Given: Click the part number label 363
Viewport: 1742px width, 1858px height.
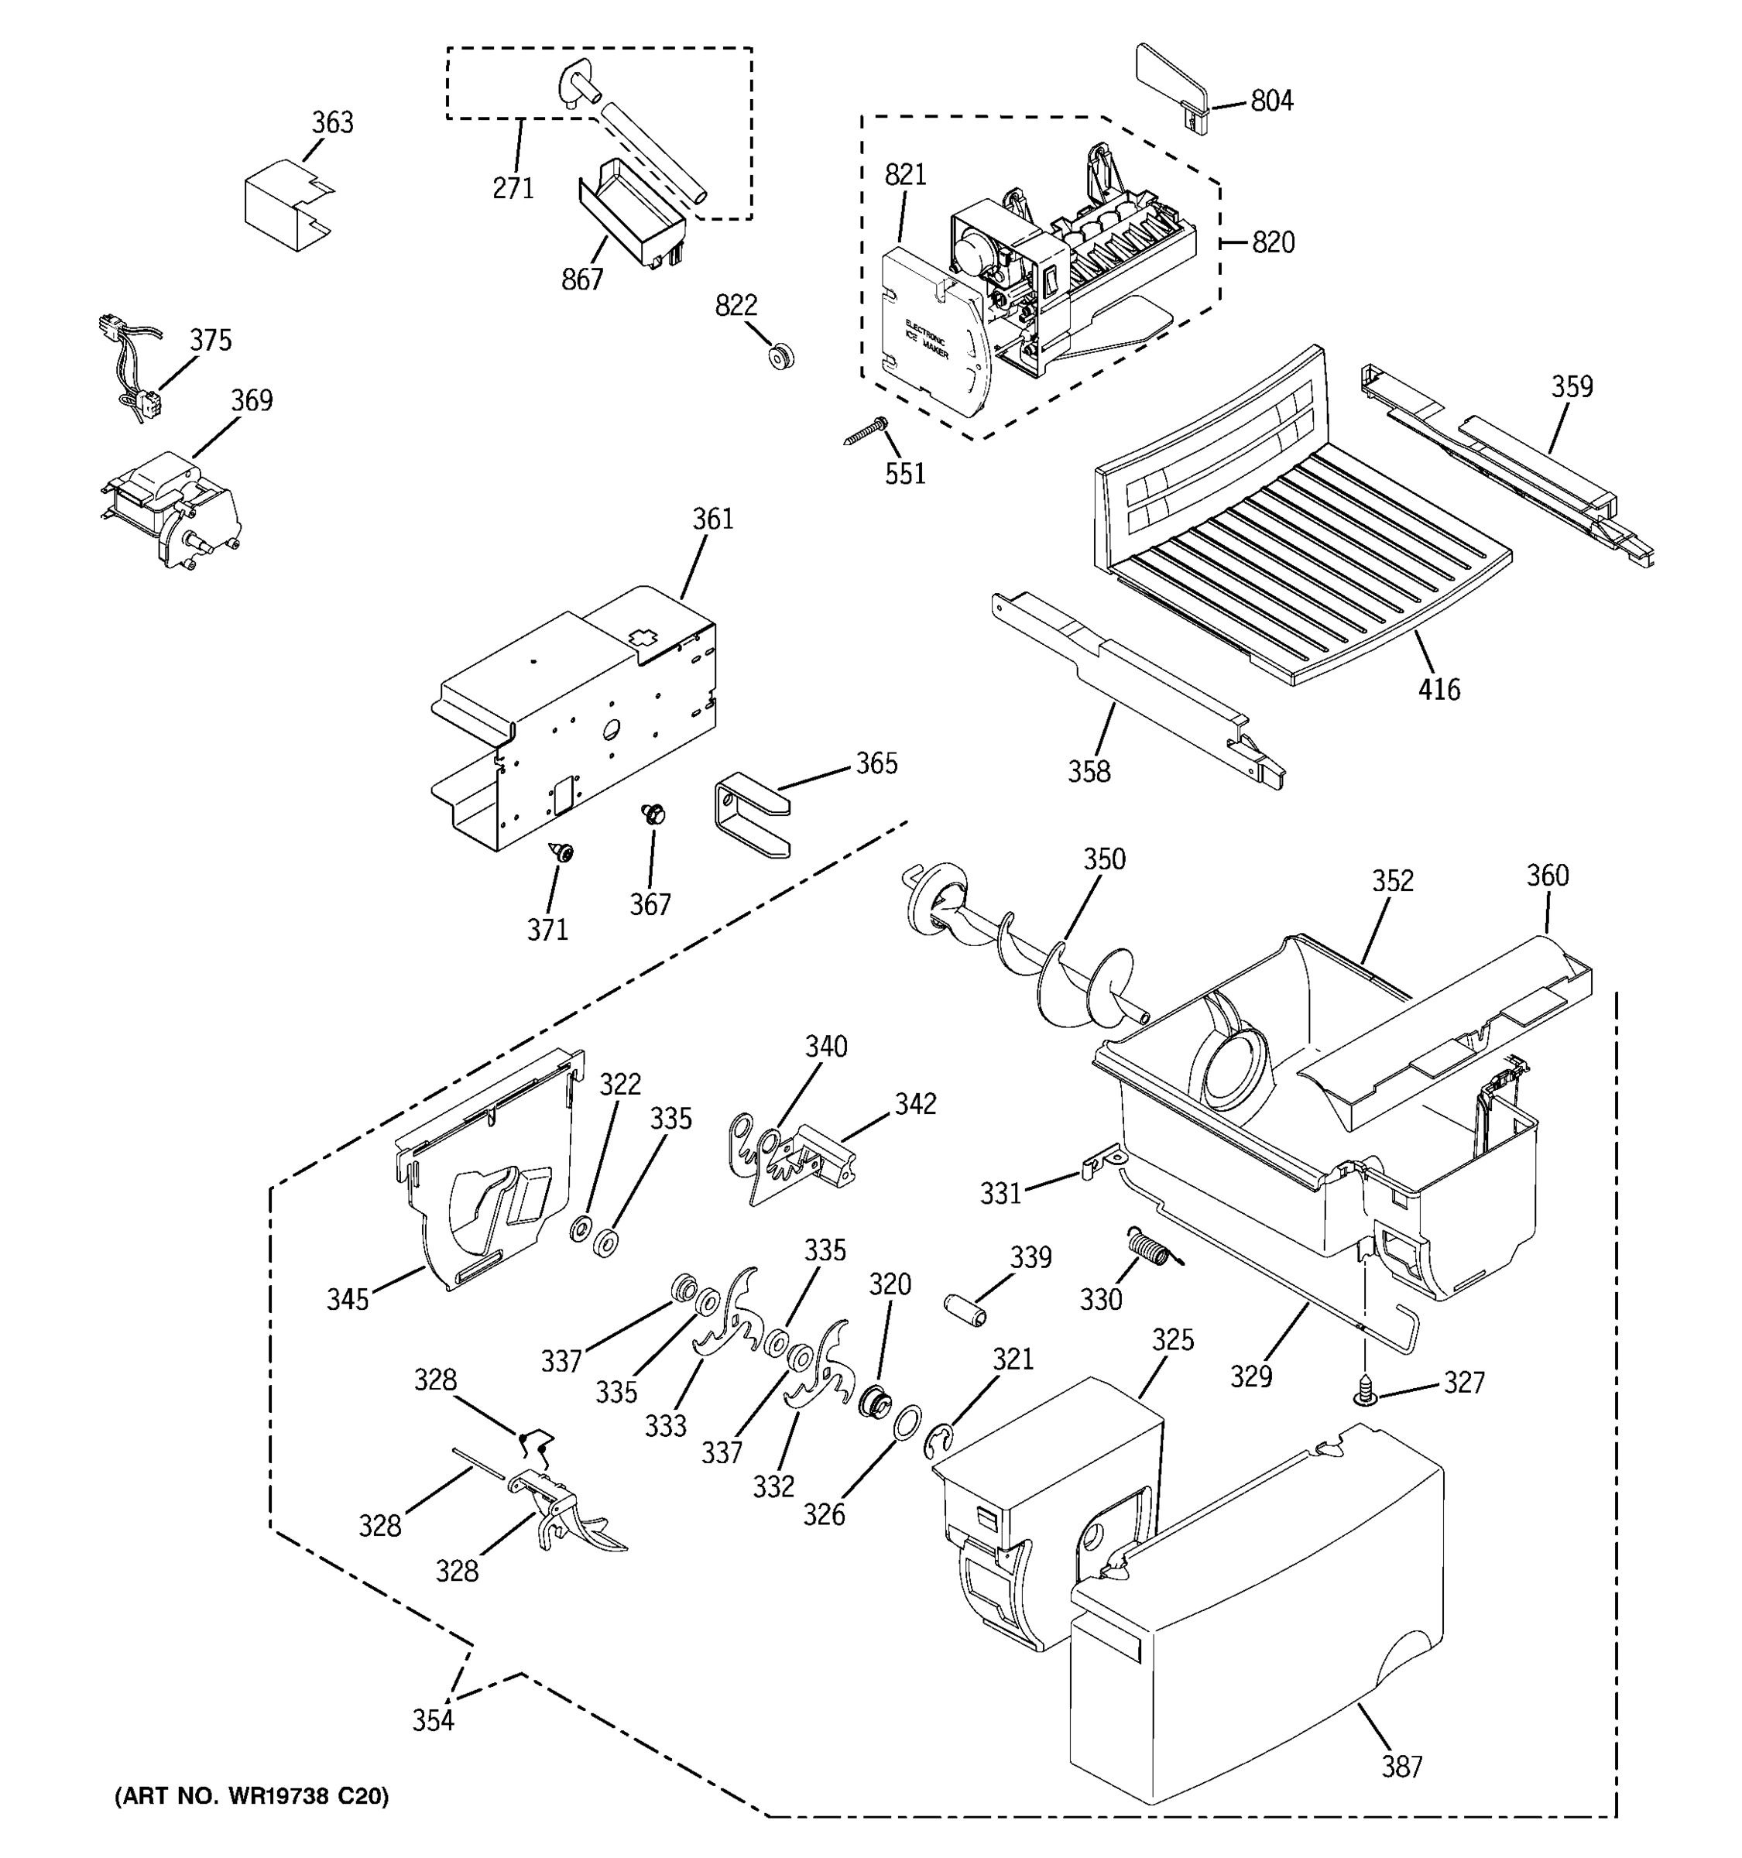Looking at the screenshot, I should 332,122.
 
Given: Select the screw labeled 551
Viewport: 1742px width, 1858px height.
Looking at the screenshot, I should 868,432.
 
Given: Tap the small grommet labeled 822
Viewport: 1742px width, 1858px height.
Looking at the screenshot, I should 780,356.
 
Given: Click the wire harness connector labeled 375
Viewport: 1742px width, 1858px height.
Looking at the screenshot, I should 131,369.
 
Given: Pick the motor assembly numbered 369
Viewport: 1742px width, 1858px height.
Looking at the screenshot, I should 173,509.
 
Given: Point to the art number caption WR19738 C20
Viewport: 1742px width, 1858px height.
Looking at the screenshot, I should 250,1795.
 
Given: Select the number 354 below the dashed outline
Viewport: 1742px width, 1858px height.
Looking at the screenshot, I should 433,1719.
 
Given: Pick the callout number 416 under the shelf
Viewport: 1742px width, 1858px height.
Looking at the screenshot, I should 1439,690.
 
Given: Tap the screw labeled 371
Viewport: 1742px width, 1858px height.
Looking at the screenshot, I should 561,852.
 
